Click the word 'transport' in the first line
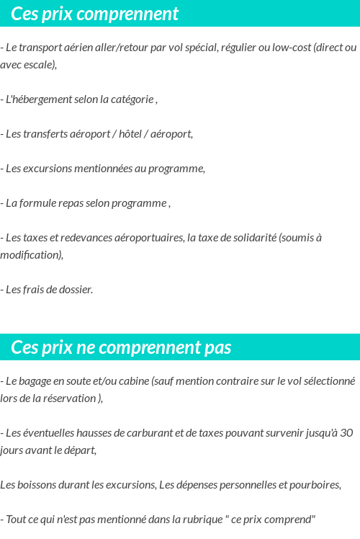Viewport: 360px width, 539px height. click(x=41, y=48)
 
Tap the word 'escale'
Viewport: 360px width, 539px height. click(x=39, y=65)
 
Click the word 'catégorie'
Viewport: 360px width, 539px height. click(x=131, y=99)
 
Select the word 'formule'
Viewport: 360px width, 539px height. click(x=37, y=203)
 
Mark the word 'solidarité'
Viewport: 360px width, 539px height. click(x=251, y=238)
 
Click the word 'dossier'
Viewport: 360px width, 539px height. click(x=75, y=290)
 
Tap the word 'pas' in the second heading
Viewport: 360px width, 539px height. click(x=216, y=348)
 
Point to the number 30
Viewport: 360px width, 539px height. click(x=346, y=433)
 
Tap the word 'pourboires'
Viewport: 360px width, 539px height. click(x=314, y=485)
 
